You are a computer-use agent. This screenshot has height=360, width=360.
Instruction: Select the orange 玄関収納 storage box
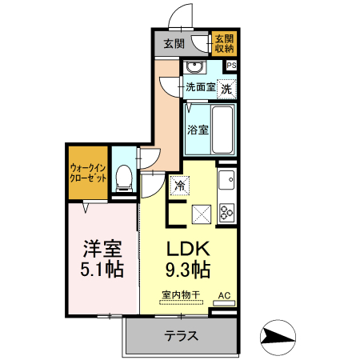coord(223,44)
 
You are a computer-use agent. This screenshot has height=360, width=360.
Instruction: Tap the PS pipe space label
coord(232,66)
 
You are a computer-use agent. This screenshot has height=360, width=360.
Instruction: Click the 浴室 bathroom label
coord(198,129)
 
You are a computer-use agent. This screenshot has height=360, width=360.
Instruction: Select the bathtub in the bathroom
coord(223,127)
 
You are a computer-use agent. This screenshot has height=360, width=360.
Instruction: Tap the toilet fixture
coord(124,177)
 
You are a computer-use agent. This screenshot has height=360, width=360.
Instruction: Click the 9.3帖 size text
coord(188,268)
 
